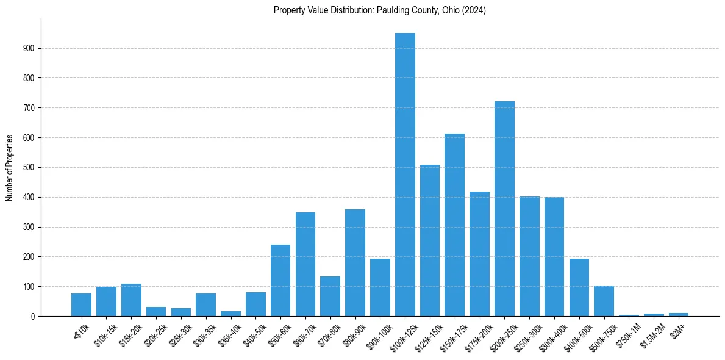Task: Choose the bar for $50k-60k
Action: coord(280,280)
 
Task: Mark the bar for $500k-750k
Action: coord(604,301)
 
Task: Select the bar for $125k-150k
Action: coord(430,240)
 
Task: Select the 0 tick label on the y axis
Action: coord(33,316)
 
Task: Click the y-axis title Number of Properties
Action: coord(10,167)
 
